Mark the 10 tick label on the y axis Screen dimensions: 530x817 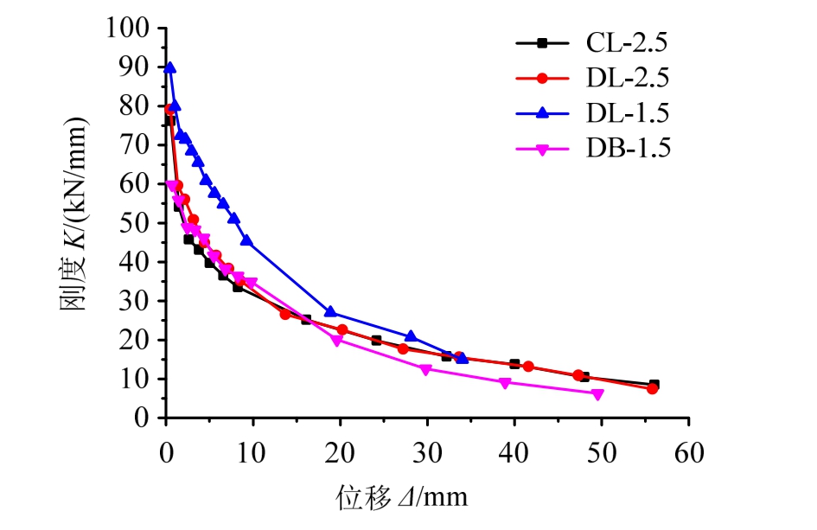tap(143, 379)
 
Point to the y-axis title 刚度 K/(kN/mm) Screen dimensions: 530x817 tap(74, 223)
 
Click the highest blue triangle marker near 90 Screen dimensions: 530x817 tap(170, 67)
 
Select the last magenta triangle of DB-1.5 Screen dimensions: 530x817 tap(597, 394)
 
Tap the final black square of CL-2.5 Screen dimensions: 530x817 tap(654, 385)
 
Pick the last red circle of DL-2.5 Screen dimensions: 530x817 tap(652, 388)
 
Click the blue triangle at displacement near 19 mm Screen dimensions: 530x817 tap(330, 312)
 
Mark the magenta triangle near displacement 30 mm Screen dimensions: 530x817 tap(424, 369)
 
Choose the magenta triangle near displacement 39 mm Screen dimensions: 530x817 tap(505, 383)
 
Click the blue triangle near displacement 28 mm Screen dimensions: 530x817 tap(411, 336)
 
